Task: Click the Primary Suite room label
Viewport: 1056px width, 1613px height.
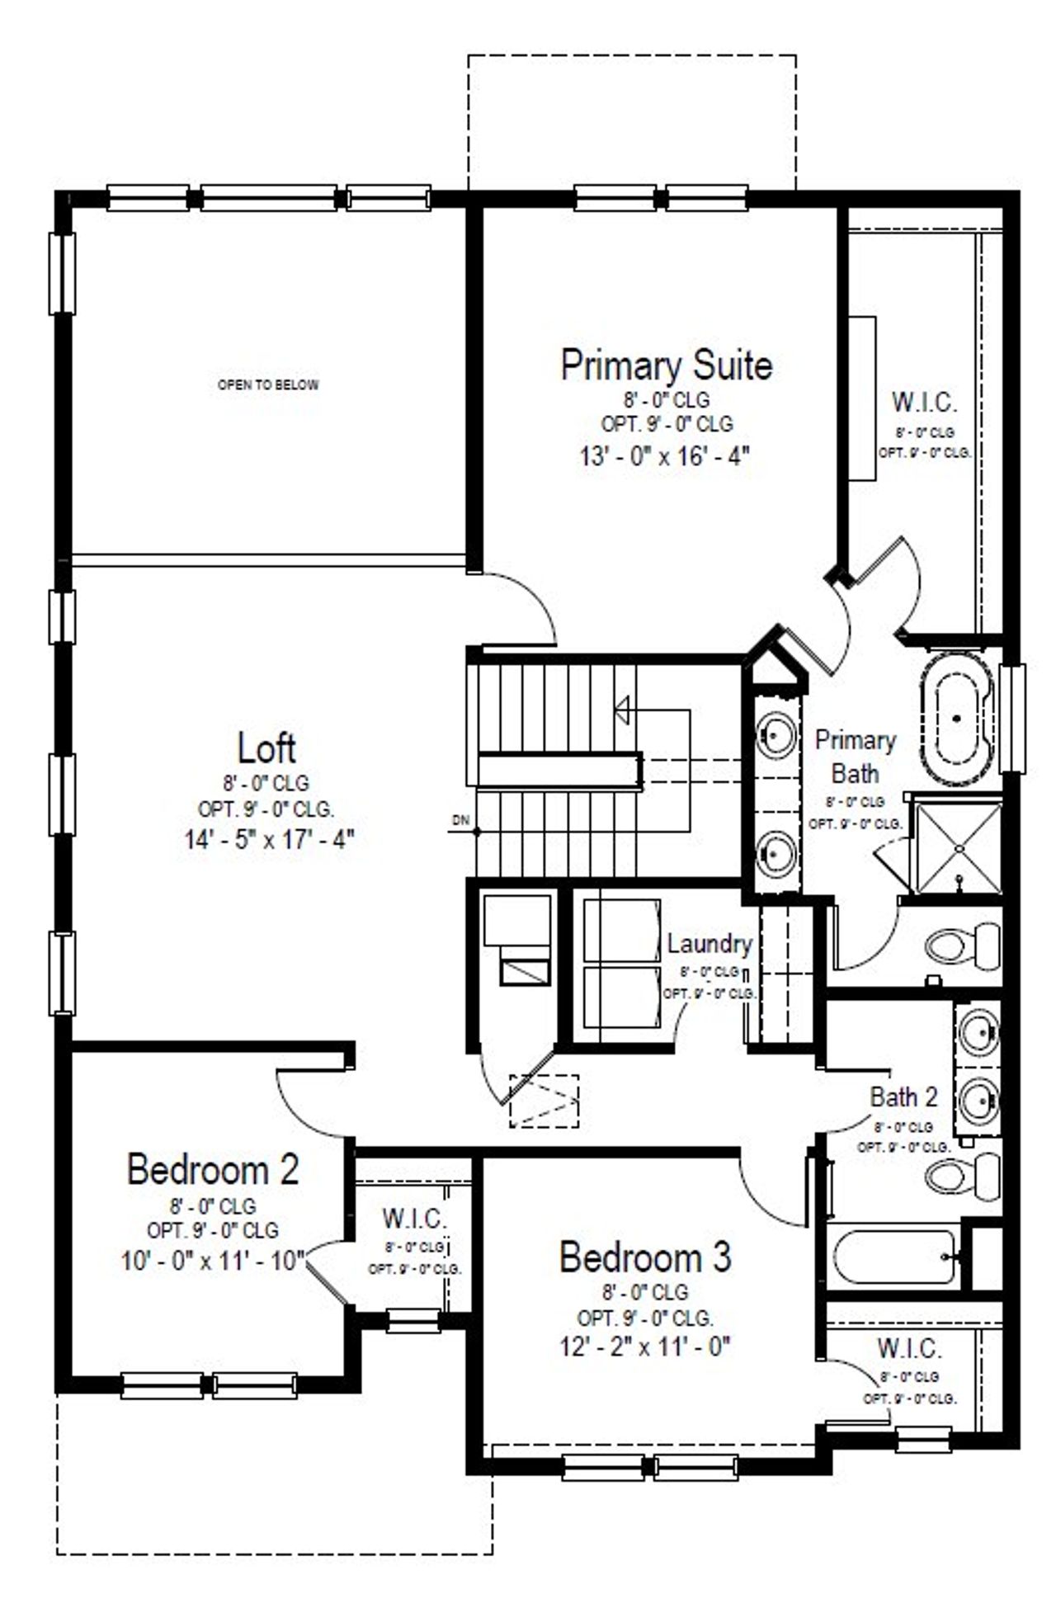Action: pos(666,365)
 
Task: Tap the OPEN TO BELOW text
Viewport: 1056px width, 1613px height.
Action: pos(267,384)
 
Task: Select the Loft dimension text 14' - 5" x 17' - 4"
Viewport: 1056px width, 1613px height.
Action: pos(269,839)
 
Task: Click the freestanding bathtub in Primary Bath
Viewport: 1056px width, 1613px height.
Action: pos(957,719)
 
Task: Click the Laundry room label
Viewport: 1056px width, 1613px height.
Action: pos(709,943)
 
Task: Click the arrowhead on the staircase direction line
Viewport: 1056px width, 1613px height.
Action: pos(622,709)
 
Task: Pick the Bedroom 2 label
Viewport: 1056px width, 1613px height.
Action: pos(213,1169)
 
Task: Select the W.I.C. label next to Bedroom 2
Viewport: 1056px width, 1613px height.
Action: pos(414,1218)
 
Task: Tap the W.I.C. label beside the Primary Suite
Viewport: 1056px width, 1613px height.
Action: pos(924,403)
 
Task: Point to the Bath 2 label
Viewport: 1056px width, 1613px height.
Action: pos(903,1097)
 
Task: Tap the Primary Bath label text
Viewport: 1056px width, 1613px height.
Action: pos(855,757)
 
